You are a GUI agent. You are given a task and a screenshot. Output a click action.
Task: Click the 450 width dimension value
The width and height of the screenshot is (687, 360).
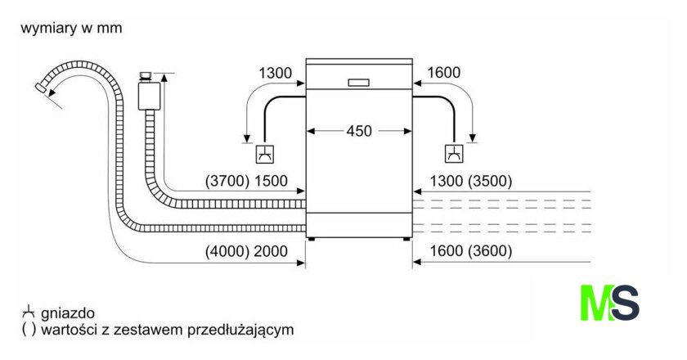pyautogui.click(x=360, y=130)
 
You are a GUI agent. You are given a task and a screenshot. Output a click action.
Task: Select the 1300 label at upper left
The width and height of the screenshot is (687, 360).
pyautogui.click(x=275, y=74)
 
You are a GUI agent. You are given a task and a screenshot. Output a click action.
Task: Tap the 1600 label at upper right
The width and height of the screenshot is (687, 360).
pyautogui.click(x=444, y=74)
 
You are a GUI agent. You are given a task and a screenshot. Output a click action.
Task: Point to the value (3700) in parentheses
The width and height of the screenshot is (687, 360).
pyautogui.click(x=227, y=182)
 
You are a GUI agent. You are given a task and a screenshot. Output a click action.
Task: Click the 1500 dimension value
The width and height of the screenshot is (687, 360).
pyautogui.click(x=272, y=182)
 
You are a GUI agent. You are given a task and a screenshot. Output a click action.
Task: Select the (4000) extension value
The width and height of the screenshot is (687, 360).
pyautogui.click(x=227, y=251)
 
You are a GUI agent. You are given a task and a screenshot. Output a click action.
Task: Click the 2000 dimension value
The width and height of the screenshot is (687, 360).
pyautogui.click(x=272, y=251)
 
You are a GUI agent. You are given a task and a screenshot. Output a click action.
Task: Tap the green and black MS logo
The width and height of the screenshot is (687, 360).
pyautogui.click(x=609, y=302)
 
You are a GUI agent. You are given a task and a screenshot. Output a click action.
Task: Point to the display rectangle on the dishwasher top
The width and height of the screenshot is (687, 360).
pyautogui.click(x=359, y=82)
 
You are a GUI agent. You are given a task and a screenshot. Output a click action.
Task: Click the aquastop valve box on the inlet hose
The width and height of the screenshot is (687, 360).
pyautogui.click(x=148, y=95)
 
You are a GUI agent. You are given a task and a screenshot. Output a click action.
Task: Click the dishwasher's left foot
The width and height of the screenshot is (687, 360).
pyautogui.click(x=311, y=239)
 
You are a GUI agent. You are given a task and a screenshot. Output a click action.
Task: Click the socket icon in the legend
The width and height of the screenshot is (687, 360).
pyautogui.click(x=29, y=313)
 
